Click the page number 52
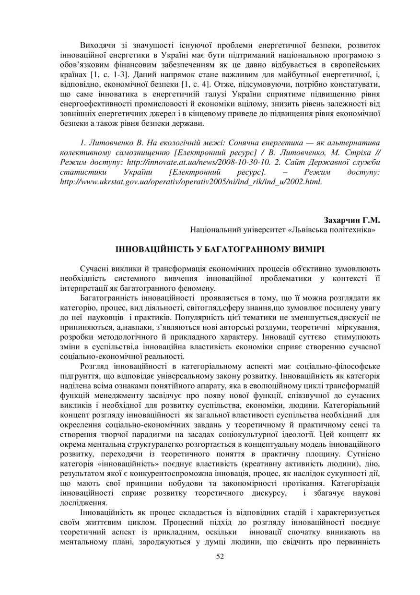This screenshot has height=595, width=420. coord(221,556)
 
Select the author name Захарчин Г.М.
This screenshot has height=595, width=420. coord(351,221)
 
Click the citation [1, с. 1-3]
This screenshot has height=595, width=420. coord(104,76)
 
